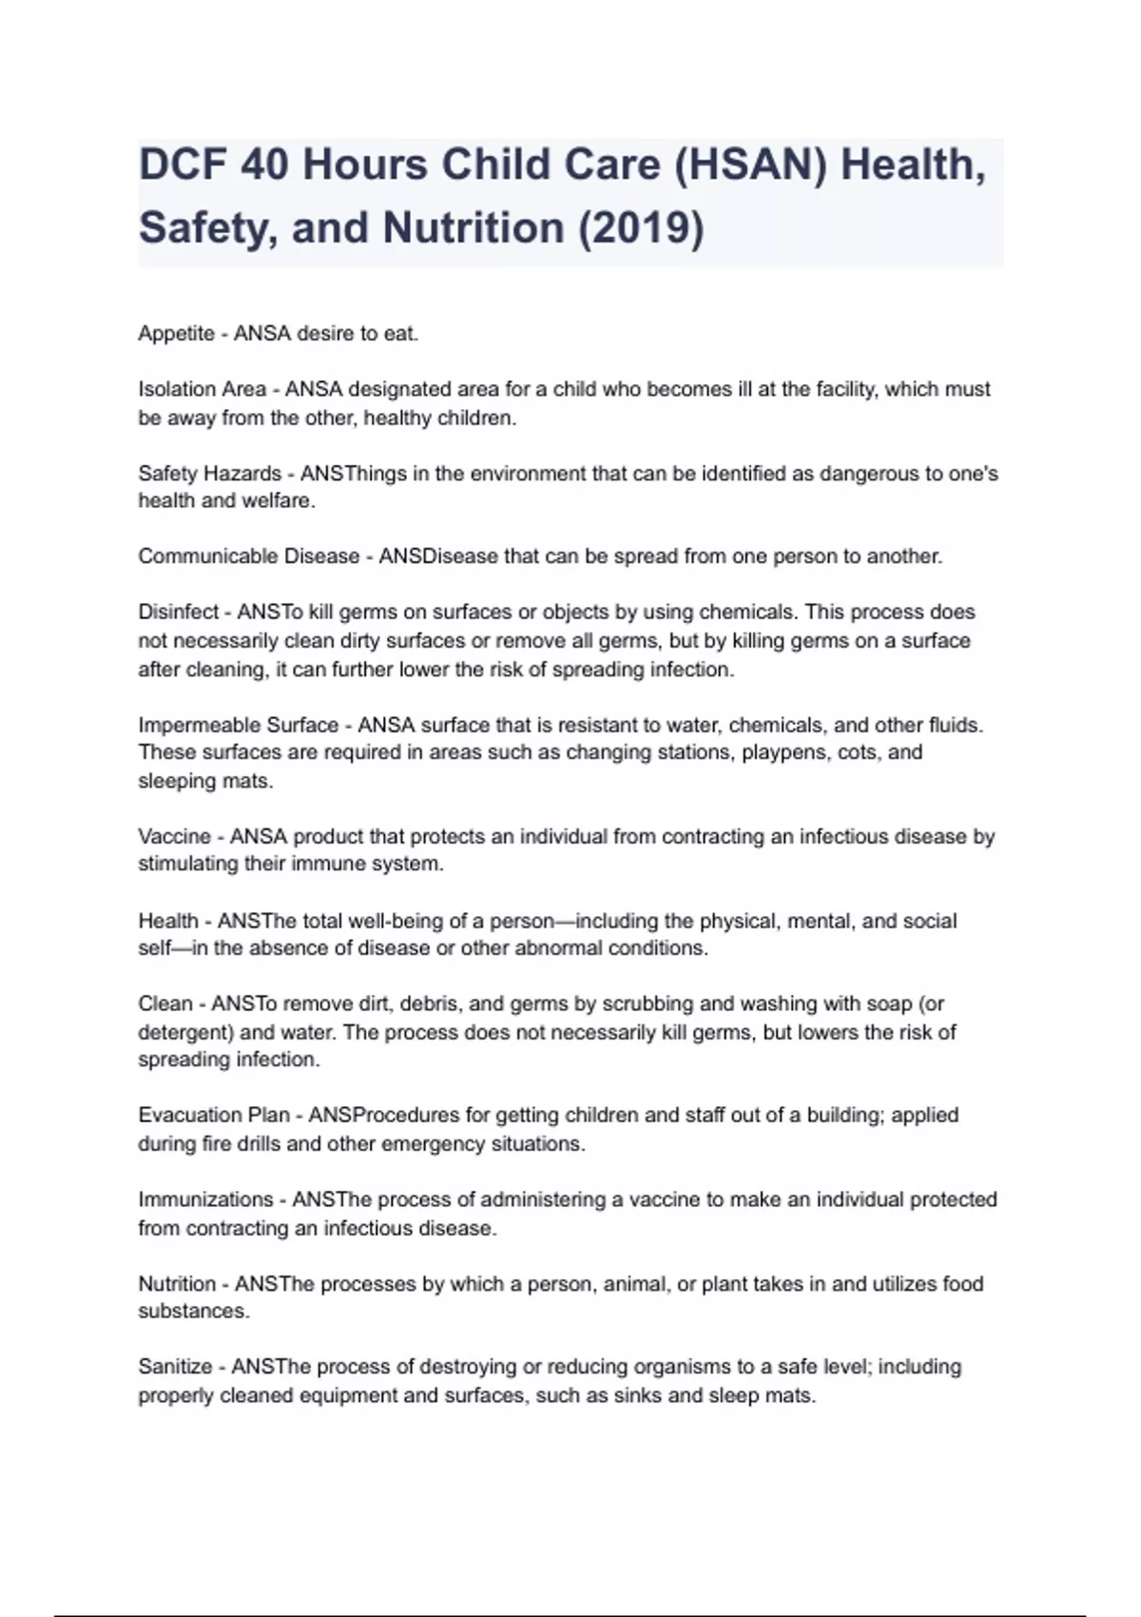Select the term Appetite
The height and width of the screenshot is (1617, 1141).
pyautogui.click(x=176, y=334)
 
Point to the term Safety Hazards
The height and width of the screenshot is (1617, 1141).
pyautogui.click(x=209, y=474)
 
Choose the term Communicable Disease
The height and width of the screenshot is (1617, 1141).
pyautogui.click(x=248, y=556)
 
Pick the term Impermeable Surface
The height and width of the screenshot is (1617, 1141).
pyautogui.click(x=238, y=725)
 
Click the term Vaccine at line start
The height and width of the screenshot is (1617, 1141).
pyautogui.click(x=174, y=837)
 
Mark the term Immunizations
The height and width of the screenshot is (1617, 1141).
pyautogui.click(x=205, y=1199)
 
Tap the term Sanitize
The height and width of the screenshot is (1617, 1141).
pyautogui.click(x=175, y=1367)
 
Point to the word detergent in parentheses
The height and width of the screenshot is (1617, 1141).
pyautogui.click(x=186, y=1033)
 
